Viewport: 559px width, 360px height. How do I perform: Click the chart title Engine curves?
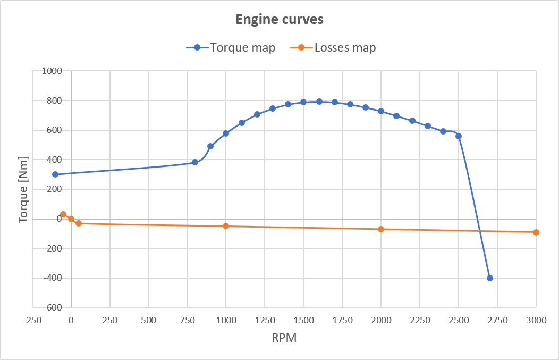click(279, 20)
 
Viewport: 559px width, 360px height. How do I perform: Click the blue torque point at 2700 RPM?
click(489, 278)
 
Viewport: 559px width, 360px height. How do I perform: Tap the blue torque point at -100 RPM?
click(55, 174)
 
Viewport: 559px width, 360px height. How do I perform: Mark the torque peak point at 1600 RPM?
click(319, 102)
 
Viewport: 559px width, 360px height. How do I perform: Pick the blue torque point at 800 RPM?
click(195, 162)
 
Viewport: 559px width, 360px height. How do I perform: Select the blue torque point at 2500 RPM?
click(459, 136)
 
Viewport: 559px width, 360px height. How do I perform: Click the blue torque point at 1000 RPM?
click(226, 133)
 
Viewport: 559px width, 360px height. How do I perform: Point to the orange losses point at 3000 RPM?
click(536, 232)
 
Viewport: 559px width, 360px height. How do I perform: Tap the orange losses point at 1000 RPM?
click(226, 226)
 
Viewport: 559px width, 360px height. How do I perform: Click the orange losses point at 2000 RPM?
click(381, 229)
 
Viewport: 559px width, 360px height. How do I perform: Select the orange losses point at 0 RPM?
click(71, 219)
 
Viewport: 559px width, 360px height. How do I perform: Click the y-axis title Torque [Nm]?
click(23, 189)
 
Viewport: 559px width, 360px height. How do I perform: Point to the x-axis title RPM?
click(285, 338)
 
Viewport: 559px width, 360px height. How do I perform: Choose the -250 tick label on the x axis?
click(32, 320)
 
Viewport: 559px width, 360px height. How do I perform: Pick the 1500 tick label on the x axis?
click(303, 320)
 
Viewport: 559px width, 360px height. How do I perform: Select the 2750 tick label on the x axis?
click(497, 320)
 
